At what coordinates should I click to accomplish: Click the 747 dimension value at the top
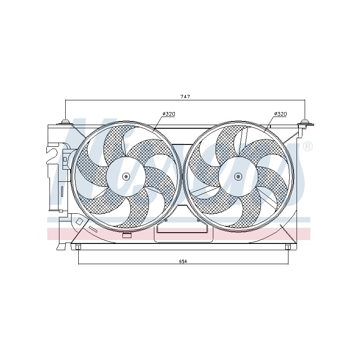[185, 97]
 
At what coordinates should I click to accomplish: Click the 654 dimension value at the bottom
[183, 261]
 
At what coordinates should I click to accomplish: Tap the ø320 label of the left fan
[169, 114]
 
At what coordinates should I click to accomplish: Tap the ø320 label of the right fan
[280, 114]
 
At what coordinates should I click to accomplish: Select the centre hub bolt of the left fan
[126, 176]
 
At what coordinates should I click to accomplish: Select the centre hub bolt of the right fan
[238, 176]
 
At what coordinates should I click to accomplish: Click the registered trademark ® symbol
[308, 147]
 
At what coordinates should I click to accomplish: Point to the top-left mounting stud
[65, 122]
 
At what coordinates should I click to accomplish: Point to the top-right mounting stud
[305, 122]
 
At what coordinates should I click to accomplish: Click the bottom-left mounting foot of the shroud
[78, 247]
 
